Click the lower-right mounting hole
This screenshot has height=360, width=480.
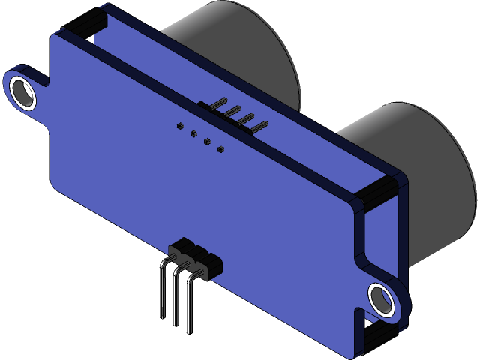[x=382, y=299]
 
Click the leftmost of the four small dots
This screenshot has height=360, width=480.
[x=179, y=126]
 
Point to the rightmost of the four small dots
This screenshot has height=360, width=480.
[x=220, y=150]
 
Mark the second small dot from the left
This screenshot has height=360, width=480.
[x=193, y=134]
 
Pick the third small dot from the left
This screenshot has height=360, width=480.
[x=207, y=142]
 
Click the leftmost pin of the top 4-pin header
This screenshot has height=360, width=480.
[x=218, y=103]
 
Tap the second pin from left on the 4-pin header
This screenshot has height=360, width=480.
[x=231, y=111]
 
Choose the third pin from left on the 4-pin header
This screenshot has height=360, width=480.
[x=244, y=120]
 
